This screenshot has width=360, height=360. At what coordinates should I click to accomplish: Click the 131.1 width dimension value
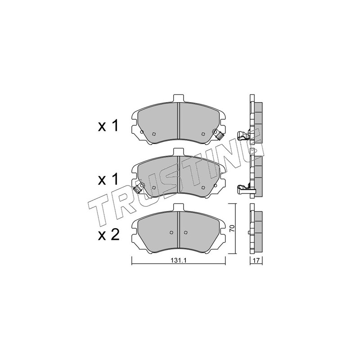[178, 261]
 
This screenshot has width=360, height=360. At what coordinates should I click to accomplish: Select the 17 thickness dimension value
[256, 261]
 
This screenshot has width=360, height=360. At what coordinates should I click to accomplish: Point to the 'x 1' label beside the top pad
[108, 126]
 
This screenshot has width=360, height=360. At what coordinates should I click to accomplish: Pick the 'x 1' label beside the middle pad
[108, 179]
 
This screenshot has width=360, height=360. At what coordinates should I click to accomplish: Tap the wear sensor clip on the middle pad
[139, 188]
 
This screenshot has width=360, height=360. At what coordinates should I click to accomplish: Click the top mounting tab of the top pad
[178, 98]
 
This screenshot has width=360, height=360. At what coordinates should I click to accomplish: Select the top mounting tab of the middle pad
[178, 152]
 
